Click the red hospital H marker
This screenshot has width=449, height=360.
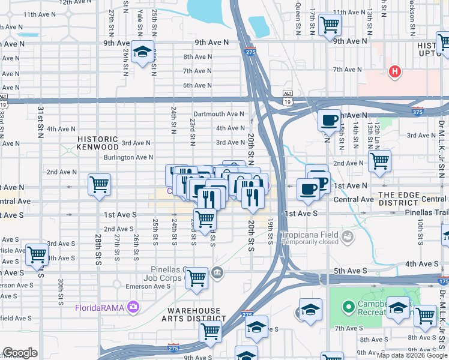(x=394, y=72)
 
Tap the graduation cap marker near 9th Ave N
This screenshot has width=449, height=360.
(x=143, y=52)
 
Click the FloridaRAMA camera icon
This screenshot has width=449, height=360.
(x=133, y=308)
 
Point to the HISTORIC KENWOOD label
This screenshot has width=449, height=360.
(x=98, y=143)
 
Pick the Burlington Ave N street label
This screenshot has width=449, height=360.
(x=128, y=157)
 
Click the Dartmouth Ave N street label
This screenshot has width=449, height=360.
(x=218, y=114)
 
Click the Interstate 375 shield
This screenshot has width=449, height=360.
(x=418, y=112)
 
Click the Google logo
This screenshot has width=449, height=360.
(x=20, y=353)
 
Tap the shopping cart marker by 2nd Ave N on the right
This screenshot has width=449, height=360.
(x=379, y=160)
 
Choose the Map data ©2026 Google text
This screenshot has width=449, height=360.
(x=412, y=355)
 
